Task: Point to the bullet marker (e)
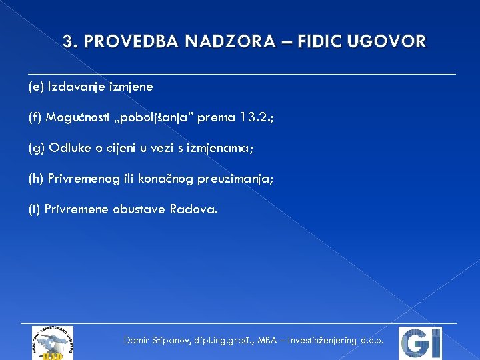point(36,87)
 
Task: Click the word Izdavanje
point(72,87)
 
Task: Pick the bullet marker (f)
point(35,117)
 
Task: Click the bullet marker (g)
point(36,148)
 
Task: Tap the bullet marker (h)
point(36,179)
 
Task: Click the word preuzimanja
point(237,179)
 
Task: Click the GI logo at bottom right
point(421,343)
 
